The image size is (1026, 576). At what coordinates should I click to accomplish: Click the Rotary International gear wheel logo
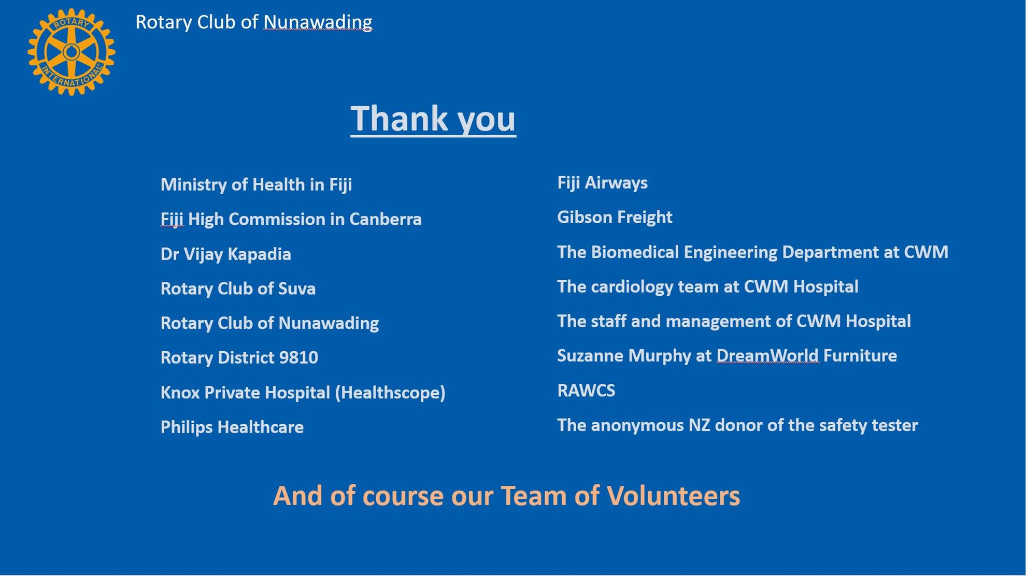coord(72,52)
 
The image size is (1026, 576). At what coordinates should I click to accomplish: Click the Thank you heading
coord(433,119)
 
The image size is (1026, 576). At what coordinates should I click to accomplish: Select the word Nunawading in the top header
coord(318,22)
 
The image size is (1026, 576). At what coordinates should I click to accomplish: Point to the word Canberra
coord(385,219)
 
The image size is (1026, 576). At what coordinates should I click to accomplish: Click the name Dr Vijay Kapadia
coord(226,254)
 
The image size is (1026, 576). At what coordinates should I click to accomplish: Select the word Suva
coord(297,289)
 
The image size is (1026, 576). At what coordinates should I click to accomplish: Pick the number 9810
coord(298,357)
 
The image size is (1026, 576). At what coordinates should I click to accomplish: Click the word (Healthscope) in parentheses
coord(390,393)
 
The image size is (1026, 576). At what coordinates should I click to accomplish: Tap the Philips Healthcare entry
coord(232,427)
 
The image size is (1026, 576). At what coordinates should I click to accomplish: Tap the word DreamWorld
coord(767,356)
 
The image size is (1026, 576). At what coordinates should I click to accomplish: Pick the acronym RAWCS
coord(586,391)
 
